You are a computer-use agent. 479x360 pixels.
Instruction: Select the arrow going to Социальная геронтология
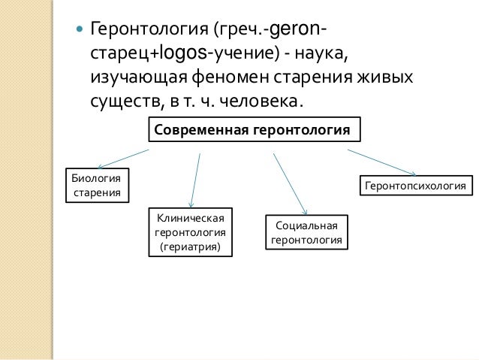pos(290,185)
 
